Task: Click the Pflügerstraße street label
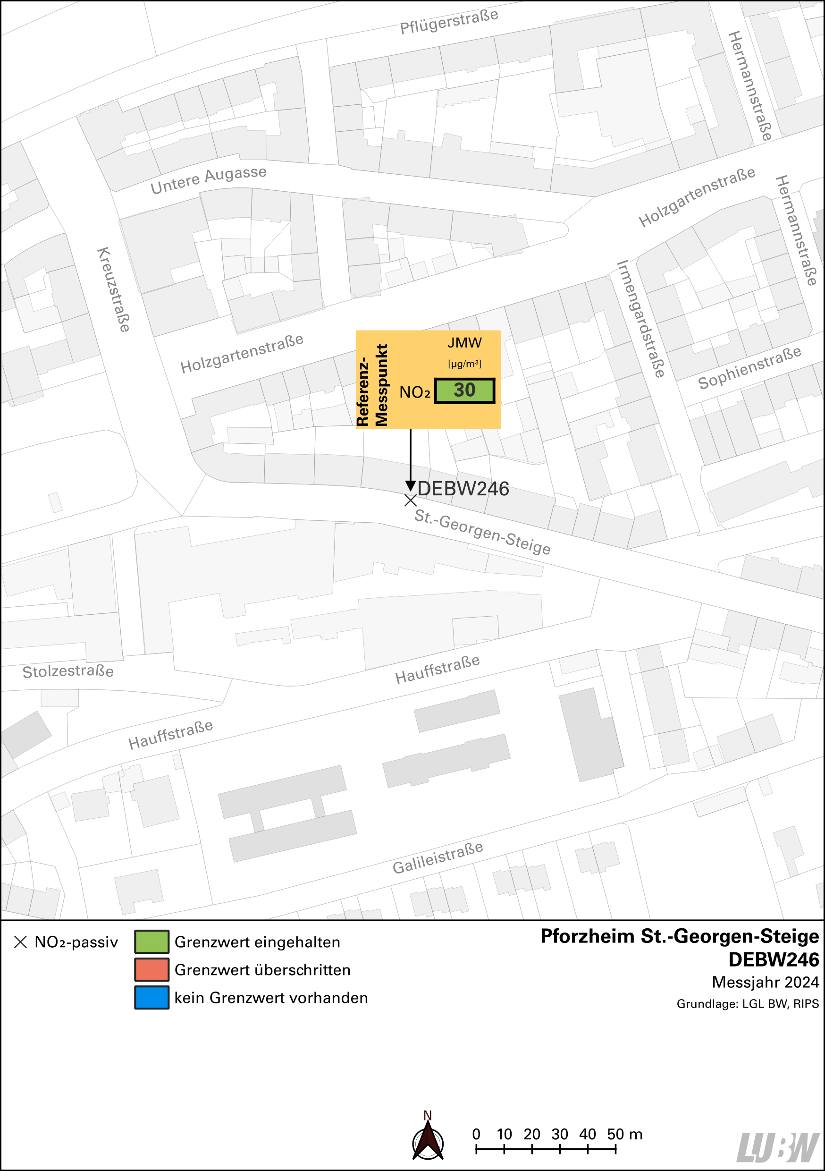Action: click(x=449, y=21)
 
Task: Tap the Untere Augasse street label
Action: click(x=208, y=180)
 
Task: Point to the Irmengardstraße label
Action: click(x=641, y=319)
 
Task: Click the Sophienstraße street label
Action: click(x=749, y=368)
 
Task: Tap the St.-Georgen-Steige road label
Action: click(x=482, y=532)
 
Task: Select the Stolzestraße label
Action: click(x=68, y=671)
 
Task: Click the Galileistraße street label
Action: click(x=438, y=857)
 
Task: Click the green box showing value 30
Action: click(x=464, y=390)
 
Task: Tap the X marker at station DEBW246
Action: click(x=411, y=501)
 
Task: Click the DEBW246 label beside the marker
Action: click(x=463, y=489)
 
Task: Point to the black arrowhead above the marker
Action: click(x=411, y=485)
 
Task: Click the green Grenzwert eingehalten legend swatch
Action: click(x=152, y=942)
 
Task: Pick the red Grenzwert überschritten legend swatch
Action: click(x=152, y=969)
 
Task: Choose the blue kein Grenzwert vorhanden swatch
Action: click(x=152, y=998)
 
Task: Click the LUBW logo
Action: click(x=778, y=1147)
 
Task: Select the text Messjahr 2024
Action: click(x=765, y=982)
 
